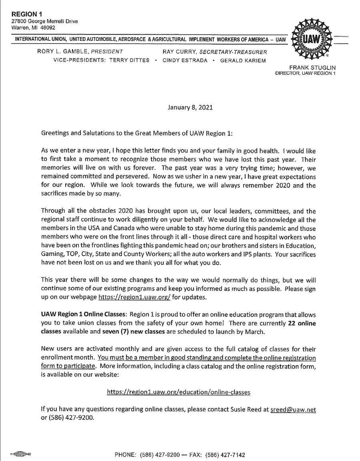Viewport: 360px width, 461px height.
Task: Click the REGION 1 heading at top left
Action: (24, 14)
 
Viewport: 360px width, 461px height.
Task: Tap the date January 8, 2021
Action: (190, 107)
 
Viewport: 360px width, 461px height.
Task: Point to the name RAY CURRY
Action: (180, 52)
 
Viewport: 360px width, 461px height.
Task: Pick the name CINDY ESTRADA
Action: (185, 60)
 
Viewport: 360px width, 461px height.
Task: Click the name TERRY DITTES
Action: (129, 60)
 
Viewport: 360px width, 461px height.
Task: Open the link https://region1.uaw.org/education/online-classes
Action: (179, 392)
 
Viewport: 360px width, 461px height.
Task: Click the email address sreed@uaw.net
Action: (293, 409)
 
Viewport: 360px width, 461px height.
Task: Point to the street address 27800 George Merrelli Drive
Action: (44, 21)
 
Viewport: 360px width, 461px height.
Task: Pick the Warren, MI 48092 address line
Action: (33, 28)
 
